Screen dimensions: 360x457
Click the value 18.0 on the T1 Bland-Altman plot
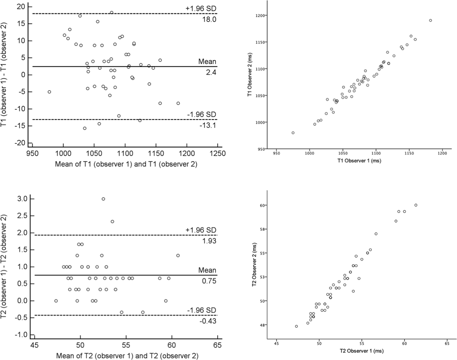[209, 19]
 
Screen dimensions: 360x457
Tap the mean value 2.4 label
[211, 72]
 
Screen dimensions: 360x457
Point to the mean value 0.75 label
[209, 281]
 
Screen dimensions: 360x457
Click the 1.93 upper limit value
[209, 241]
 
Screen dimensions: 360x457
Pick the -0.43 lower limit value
[208, 321]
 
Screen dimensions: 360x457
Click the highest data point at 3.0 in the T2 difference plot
[103, 199]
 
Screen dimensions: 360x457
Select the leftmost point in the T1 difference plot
[49, 92]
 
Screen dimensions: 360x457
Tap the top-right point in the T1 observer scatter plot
[430, 20]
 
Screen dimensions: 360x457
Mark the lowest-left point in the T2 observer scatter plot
[296, 326]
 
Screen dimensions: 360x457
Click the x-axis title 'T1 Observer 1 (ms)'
[359, 161]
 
